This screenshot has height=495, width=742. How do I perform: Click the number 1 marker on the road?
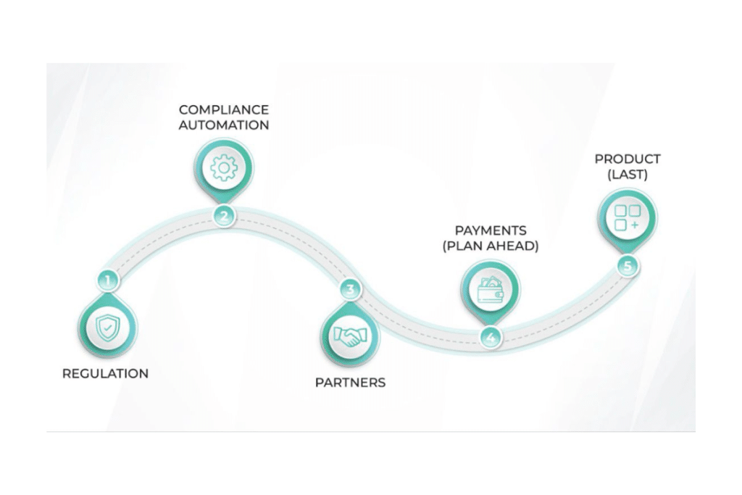click(x=107, y=280)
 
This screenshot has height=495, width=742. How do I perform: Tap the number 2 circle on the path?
click(x=224, y=215)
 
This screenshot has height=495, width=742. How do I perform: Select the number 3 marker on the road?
click(x=351, y=290)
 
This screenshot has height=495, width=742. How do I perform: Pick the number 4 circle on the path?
click(x=491, y=337)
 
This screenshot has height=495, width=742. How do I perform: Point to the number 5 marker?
click(x=628, y=266)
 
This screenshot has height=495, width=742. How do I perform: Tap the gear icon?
click(x=224, y=167)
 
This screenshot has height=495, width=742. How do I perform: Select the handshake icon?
click(x=350, y=337)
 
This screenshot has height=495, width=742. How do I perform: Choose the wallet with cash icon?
click(x=490, y=289)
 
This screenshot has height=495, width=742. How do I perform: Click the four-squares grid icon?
click(x=628, y=218)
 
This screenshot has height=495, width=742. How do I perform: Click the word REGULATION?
click(x=105, y=374)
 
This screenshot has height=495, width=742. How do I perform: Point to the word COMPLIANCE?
click(x=224, y=110)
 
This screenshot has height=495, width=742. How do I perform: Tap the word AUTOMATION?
click(x=224, y=125)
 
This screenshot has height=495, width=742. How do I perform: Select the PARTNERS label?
click(x=350, y=382)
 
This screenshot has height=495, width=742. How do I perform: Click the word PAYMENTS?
click(x=490, y=231)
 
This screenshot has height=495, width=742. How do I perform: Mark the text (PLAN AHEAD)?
click(x=490, y=246)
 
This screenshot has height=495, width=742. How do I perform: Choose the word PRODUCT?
click(x=628, y=159)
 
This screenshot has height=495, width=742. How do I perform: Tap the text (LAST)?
click(x=628, y=174)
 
